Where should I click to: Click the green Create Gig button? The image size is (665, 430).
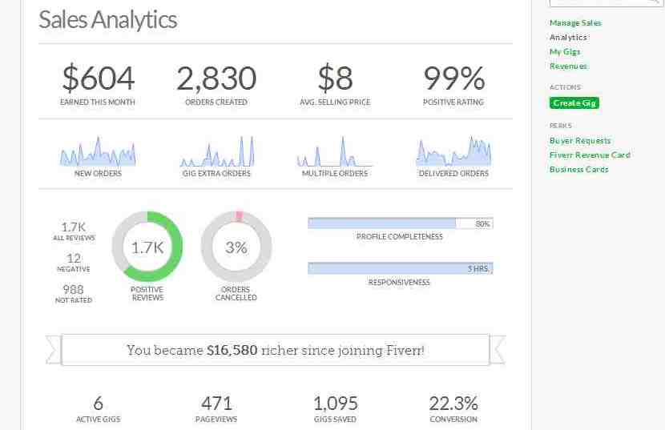click(x=574, y=103)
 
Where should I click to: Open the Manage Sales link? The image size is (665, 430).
click(x=575, y=23)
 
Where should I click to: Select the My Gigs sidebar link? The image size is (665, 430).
click(x=565, y=52)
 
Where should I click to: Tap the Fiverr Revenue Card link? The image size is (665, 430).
click(x=590, y=155)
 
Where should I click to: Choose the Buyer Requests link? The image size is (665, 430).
click(x=580, y=141)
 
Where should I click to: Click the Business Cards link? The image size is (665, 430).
click(x=579, y=170)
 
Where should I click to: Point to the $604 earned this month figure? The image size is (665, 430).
click(x=99, y=78)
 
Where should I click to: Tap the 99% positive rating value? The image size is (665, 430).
click(x=453, y=78)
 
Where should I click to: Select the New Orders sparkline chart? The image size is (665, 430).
click(x=98, y=152)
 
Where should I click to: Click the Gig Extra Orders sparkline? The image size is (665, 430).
click(x=216, y=152)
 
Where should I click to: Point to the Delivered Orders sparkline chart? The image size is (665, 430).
click(x=453, y=151)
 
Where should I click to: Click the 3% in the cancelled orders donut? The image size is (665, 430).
click(x=236, y=247)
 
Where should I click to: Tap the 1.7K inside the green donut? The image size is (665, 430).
click(x=147, y=247)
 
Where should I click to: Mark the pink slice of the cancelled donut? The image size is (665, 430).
click(x=239, y=216)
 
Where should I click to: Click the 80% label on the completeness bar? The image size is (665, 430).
click(x=482, y=224)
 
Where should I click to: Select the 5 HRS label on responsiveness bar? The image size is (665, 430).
click(x=478, y=269)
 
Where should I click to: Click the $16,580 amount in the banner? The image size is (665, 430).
click(x=232, y=350)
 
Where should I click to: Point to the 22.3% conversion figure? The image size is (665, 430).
click(x=453, y=404)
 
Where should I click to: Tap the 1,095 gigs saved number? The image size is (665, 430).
click(x=335, y=404)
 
